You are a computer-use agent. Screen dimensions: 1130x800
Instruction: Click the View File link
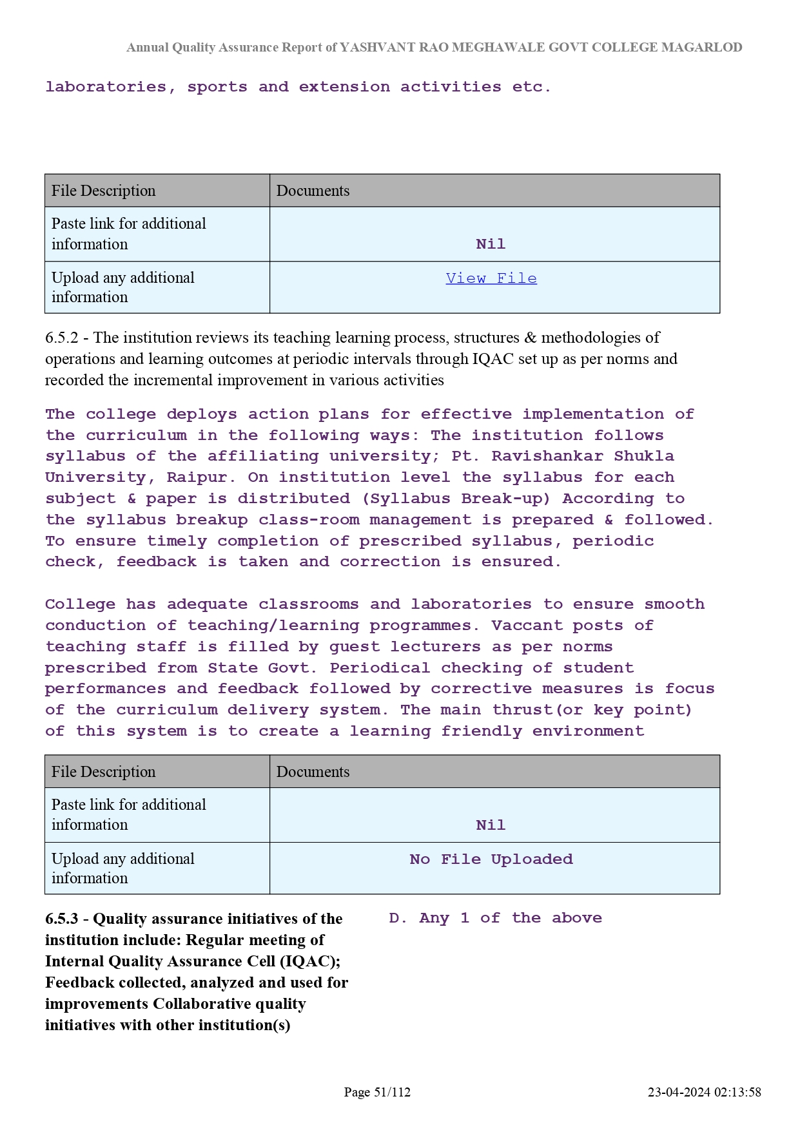pyautogui.click(x=491, y=278)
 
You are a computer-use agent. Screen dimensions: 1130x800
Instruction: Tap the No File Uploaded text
pyautogui.click(x=491, y=859)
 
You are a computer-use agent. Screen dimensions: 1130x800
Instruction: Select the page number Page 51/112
pyautogui.click(x=377, y=1092)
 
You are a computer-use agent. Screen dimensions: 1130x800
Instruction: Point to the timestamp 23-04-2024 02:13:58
pyautogui.click(x=704, y=1092)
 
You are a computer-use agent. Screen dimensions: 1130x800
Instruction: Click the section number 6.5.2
pyautogui.click(x=61, y=338)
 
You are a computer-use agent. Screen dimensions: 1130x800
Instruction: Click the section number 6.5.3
pyautogui.click(x=61, y=919)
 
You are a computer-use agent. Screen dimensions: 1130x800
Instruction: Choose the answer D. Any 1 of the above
pyautogui.click(x=495, y=918)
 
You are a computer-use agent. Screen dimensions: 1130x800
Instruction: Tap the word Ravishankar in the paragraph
pyautogui.click(x=547, y=456)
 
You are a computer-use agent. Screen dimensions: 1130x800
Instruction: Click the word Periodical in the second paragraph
pyautogui.click(x=380, y=668)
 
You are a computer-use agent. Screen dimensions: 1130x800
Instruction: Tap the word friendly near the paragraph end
pyautogui.click(x=481, y=731)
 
